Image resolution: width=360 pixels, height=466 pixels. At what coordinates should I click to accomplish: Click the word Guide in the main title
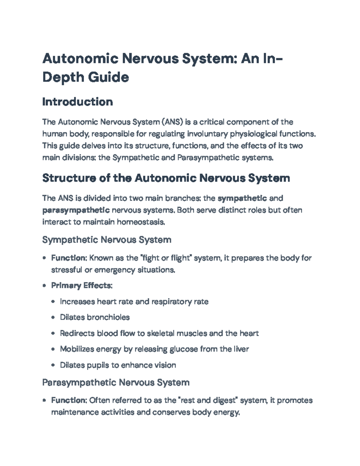108,77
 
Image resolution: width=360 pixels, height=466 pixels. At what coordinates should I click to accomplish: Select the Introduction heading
77,102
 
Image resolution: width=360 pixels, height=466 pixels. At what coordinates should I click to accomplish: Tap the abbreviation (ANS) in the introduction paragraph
172,122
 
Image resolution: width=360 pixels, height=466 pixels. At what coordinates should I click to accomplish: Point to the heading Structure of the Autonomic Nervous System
166,178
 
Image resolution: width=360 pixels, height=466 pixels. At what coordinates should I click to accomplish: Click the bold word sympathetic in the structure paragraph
242,198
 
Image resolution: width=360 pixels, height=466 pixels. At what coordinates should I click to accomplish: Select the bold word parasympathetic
76,210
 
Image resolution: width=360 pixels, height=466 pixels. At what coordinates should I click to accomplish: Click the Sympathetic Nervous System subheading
107,240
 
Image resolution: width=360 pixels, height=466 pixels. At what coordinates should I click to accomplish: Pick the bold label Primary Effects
81,285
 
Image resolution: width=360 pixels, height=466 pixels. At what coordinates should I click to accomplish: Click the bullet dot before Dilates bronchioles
53,317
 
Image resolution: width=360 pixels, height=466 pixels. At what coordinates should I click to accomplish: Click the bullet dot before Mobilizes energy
53,349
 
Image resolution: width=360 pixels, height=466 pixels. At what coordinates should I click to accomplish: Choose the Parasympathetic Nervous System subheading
116,383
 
